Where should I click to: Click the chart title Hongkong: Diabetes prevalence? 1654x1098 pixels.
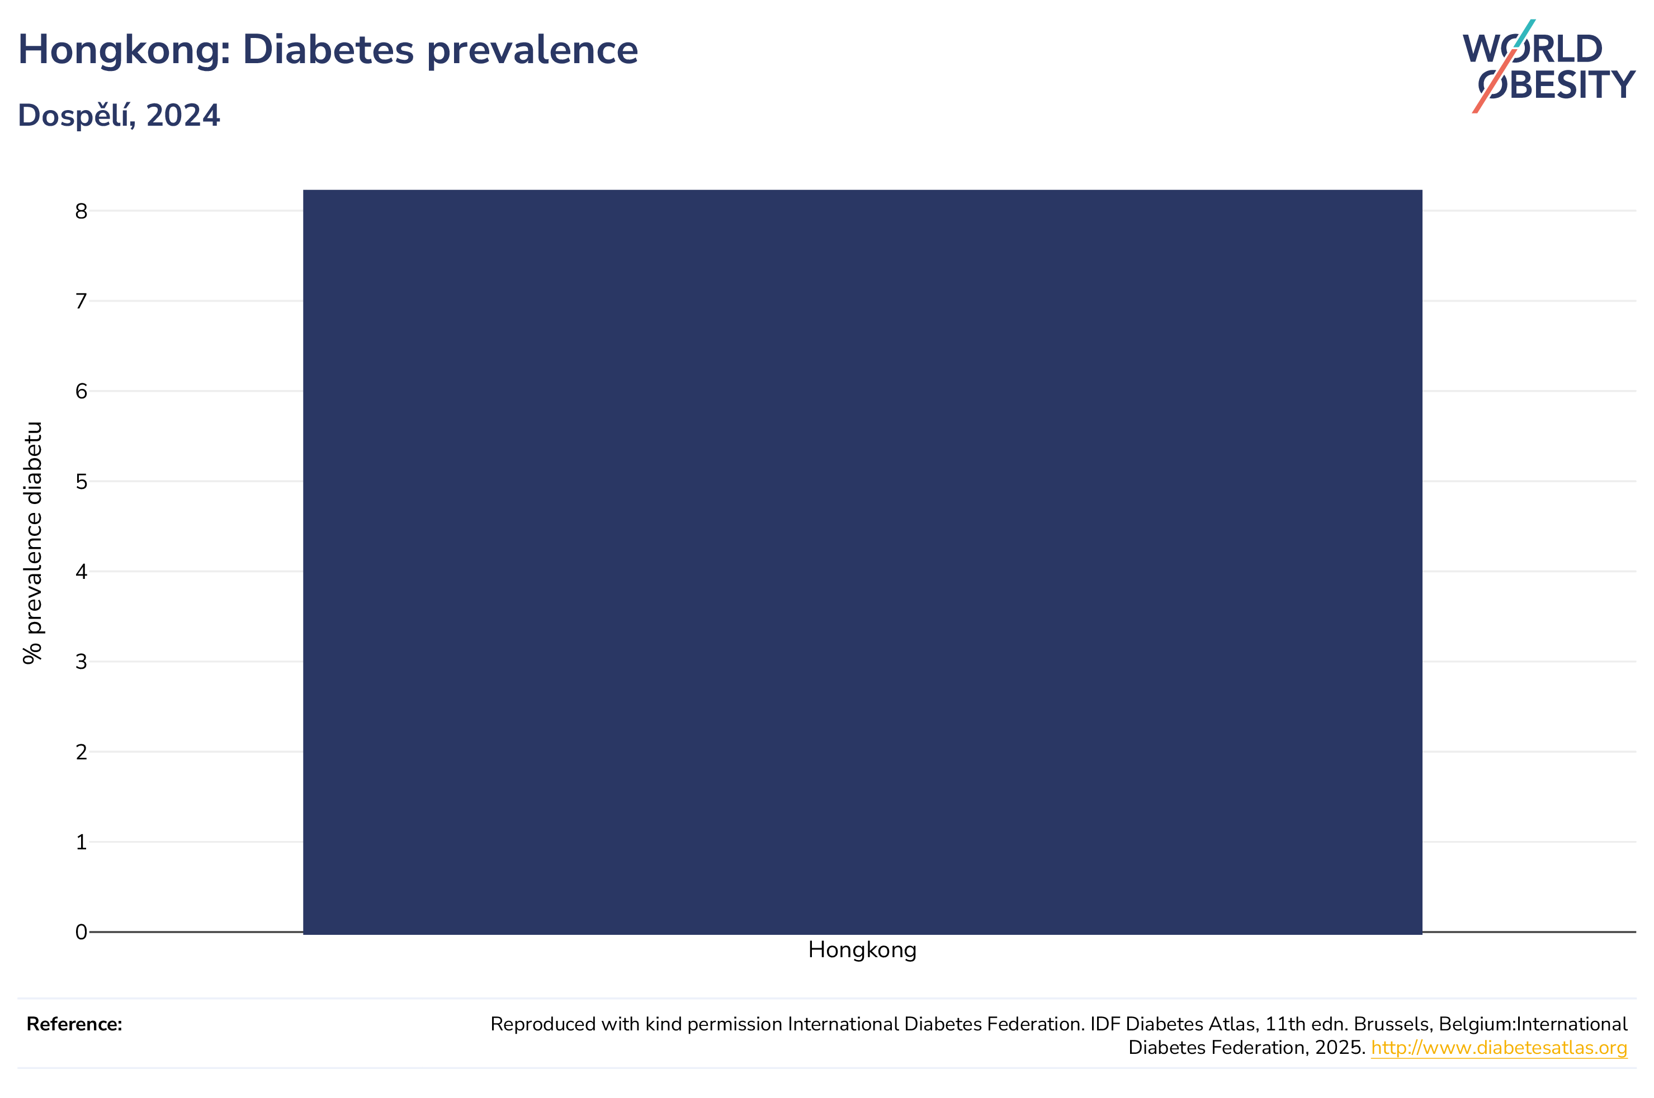pyautogui.click(x=328, y=50)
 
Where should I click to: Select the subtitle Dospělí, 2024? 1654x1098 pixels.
pyautogui.click(x=119, y=116)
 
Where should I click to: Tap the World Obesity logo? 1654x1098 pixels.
pyautogui.click(x=1549, y=66)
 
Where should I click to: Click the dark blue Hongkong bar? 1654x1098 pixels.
pyautogui.click(x=862, y=562)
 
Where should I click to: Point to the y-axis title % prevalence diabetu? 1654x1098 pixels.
pyautogui.click(x=33, y=543)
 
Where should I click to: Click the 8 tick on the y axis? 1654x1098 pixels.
pyautogui.click(x=81, y=211)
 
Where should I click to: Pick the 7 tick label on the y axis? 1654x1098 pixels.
pyautogui.click(x=81, y=301)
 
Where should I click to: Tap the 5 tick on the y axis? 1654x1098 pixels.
pyautogui.click(x=81, y=482)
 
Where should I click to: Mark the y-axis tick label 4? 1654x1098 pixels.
pyautogui.click(x=81, y=572)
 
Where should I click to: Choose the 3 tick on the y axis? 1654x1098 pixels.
pyautogui.click(x=81, y=662)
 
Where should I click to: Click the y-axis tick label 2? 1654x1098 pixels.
pyautogui.click(x=81, y=752)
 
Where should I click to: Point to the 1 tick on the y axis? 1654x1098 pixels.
pyautogui.click(x=81, y=842)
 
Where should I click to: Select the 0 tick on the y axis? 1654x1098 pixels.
pyautogui.click(x=81, y=932)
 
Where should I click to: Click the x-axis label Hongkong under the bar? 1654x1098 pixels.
pyautogui.click(x=862, y=951)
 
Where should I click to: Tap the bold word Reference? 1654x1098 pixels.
pyautogui.click(x=74, y=1024)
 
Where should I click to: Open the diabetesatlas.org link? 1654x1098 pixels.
pyautogui.click(x=1499, y=1048)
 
